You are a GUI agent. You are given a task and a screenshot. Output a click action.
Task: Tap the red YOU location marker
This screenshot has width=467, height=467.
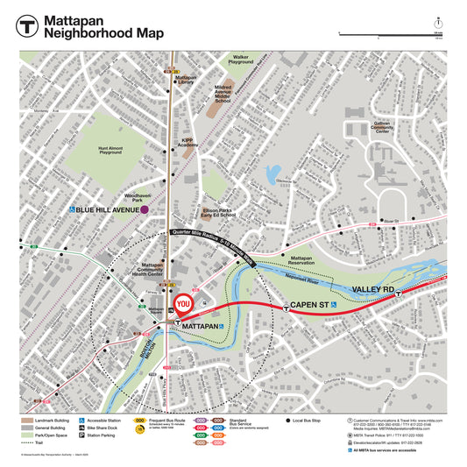(183, 305)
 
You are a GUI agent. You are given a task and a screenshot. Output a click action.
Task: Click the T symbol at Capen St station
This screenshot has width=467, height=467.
(287, 307)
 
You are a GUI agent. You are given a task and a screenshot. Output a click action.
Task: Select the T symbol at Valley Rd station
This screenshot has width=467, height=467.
(399, 295)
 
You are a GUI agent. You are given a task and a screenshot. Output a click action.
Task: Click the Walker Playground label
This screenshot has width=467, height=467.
(240, 60)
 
